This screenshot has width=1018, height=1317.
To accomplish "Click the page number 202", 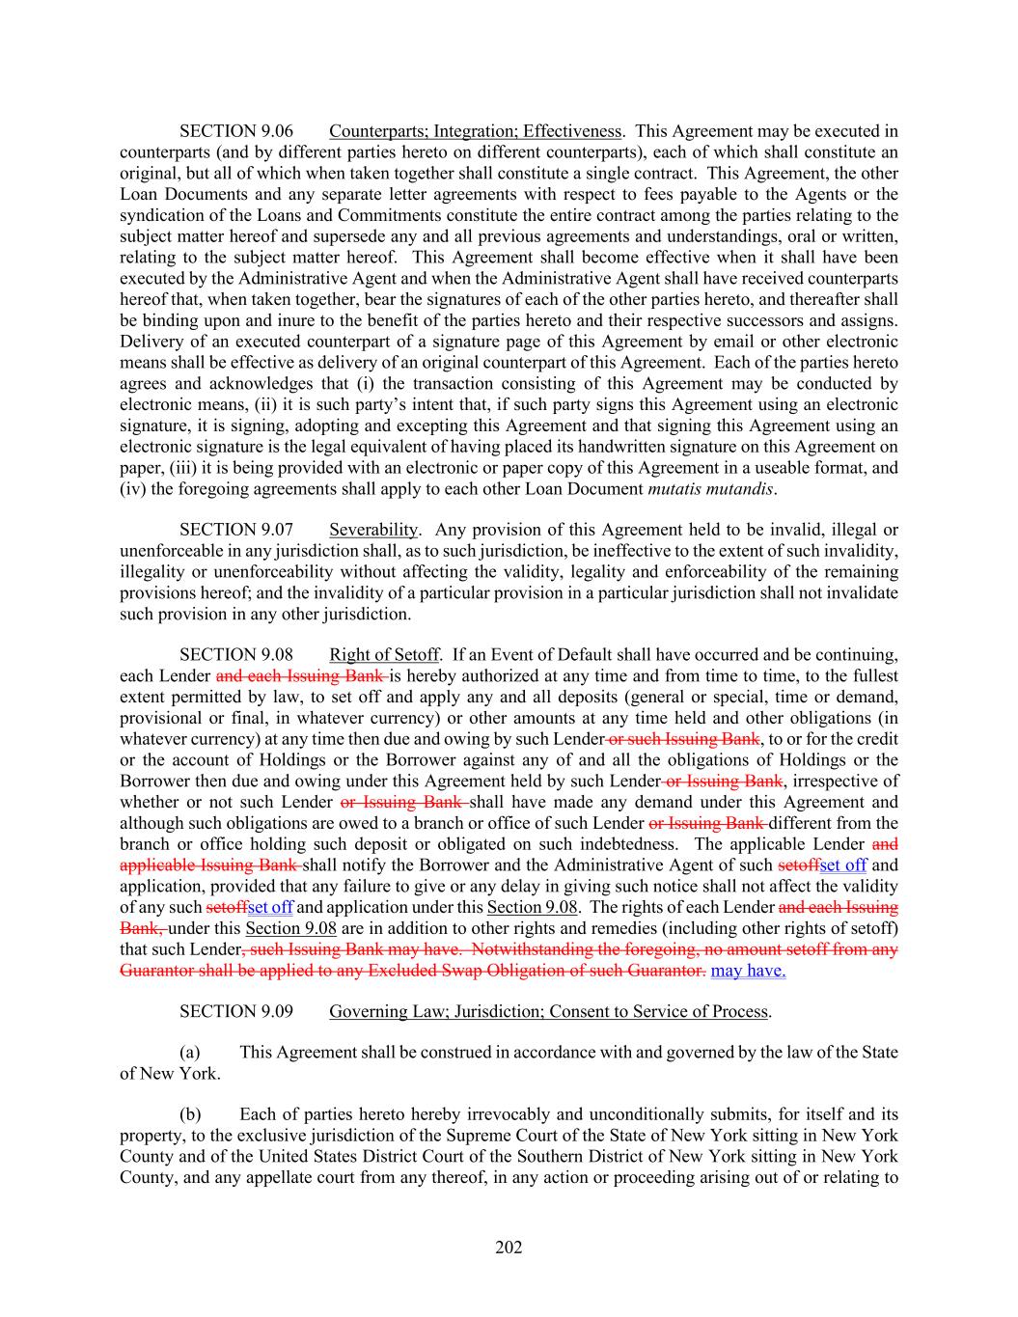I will pos(509,1248).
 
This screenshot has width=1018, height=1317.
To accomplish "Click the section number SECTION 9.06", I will pos(236,131).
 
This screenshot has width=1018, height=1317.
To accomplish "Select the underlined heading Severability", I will pos(373,530).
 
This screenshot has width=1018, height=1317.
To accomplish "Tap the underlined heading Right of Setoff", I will pos(383,656).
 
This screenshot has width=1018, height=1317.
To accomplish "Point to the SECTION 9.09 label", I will pos(236,1012).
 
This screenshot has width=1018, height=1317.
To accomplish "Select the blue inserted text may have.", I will pos(748,971).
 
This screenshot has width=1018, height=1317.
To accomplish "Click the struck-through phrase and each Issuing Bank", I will pos(301,676).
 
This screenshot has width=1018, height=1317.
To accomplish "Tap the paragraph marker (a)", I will pos(190,1052).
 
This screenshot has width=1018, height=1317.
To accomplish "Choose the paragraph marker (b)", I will pos(190,1114).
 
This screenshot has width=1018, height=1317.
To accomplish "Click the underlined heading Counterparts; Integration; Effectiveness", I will pos(475,131).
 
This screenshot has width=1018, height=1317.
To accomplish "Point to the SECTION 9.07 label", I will pos(236,530).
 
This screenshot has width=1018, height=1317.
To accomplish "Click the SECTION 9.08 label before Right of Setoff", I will pos(236,656).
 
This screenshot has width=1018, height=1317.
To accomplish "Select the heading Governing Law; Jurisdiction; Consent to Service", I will pos(549,1012).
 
